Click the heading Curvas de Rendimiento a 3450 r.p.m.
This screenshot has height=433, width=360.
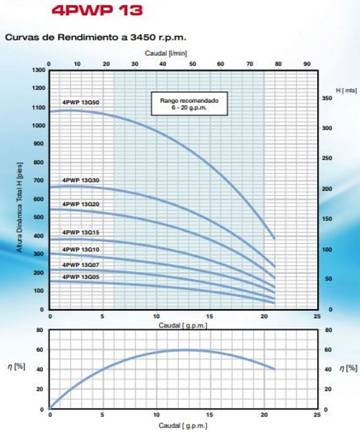(x=95, y=37)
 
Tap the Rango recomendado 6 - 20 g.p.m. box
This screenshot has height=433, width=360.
(x=189, y=104)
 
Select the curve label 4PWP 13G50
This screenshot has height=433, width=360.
(x=81, y=102)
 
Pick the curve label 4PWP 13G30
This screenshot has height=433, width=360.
(x=81, y=180)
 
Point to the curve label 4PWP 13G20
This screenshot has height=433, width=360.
(x=81, y=204)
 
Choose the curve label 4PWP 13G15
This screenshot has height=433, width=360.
(x=81, y=233)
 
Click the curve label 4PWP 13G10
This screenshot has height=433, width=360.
(x=81, y=249)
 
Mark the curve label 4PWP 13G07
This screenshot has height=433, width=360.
(x=81, y=265)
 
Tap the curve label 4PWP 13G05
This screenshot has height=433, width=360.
(x=81, y=277)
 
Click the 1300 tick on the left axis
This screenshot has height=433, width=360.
(x=38, y=70)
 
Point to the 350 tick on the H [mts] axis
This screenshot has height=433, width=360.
(x=328, y=98)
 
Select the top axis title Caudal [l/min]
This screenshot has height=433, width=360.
(x=166, y=53)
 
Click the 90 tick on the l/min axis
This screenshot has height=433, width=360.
(x=307, y=63)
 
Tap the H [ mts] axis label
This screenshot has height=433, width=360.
(x=346, y=90)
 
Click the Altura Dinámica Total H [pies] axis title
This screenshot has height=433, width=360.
(x=20, y=207)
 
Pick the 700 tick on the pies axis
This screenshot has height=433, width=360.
(x=39, y=181)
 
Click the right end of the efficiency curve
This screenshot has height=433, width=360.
(x=275, y=369)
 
